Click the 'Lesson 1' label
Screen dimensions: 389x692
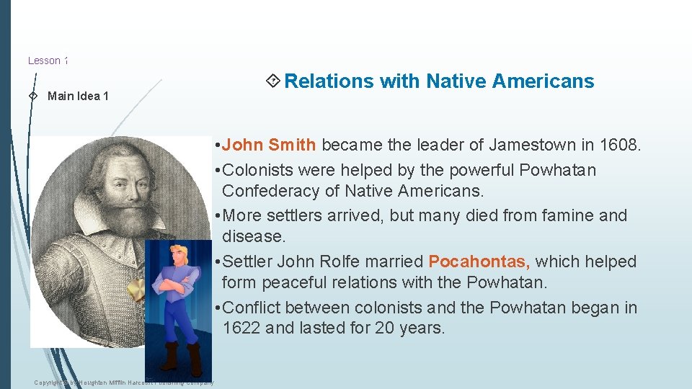[x=48, y=61]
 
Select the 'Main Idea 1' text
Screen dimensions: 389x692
[x=78, y=96]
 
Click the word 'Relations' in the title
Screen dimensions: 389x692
[x=329, y=81]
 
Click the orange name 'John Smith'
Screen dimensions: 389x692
[x=269, y=145]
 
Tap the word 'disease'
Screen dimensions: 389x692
[x=253, y=236]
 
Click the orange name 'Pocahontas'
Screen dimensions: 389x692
[x=479, y=261]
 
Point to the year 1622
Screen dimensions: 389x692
[x=242, y=328]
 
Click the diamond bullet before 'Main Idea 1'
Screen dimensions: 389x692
[x=32, y=96]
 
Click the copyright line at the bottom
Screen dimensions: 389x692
[x=123, y=382]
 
